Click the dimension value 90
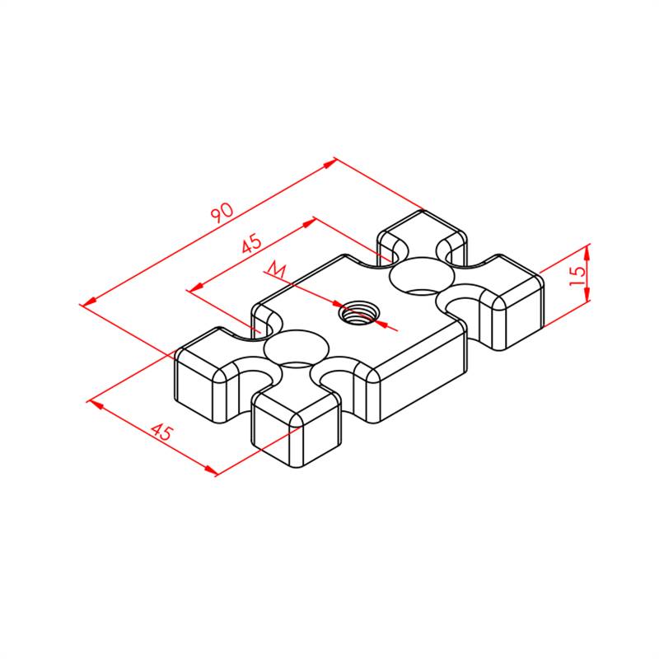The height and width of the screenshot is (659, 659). click(222, 213)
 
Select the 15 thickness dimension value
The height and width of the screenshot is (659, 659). click(577, 275)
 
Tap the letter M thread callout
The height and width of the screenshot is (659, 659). click(276, 269)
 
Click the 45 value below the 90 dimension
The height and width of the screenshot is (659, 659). click(251, 243)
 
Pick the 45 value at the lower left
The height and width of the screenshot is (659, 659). click(161, 432)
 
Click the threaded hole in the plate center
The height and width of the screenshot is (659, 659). click(358, 313)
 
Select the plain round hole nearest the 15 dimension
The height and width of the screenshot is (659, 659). click(422, 276)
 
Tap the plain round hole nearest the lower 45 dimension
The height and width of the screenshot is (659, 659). click(297, 348)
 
